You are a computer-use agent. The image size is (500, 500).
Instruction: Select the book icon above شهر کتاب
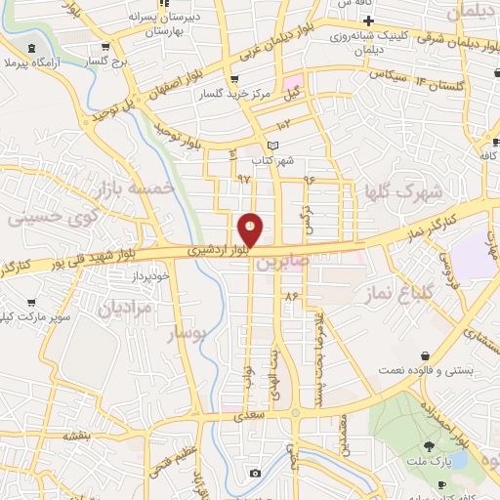[272, 146]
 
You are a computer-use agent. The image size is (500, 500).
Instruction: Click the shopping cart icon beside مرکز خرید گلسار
[232, 80]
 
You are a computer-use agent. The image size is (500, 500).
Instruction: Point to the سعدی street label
[249, 415]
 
